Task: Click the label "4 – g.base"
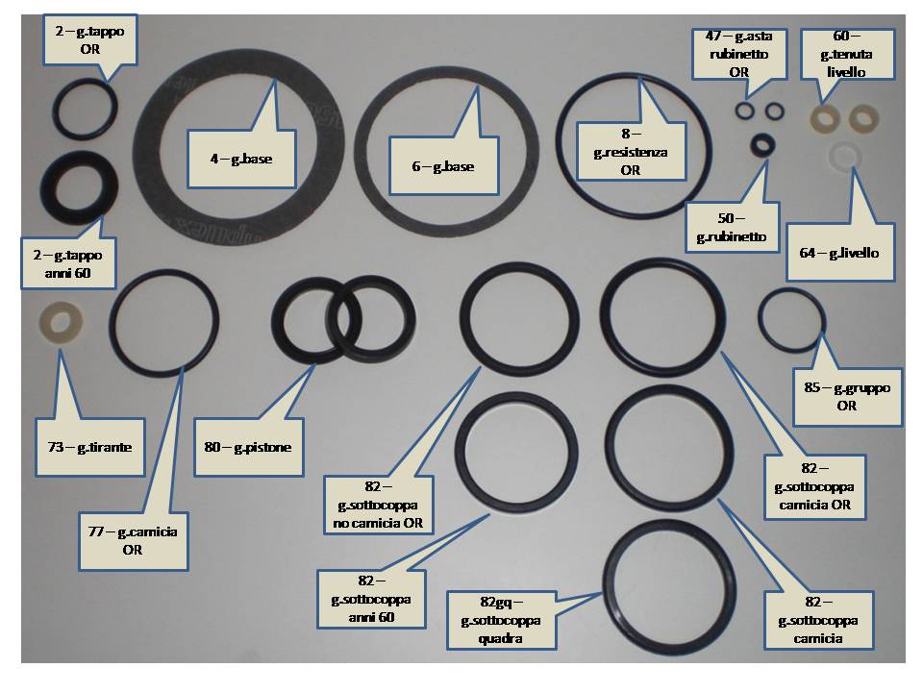(241, 159)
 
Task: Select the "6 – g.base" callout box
(443, 166)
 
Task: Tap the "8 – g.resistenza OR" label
(631, 152)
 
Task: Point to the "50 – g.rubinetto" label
(732, 227)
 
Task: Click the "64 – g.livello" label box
(840, 253)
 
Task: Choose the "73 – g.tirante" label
(90, 447)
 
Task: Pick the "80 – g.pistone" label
(248, 447)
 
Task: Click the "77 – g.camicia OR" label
(133, 541)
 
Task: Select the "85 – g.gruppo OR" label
(847, 397)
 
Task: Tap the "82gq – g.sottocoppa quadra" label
(501, 620)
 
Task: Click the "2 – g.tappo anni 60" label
(68, 263)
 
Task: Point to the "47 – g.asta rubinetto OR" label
(739, 54)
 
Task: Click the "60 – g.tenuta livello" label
(847, 54)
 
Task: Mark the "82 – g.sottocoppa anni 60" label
(371, 599)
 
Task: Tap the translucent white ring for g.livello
(845, 157)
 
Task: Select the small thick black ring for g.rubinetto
(762, 145)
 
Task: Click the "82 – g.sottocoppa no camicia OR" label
(379, 505)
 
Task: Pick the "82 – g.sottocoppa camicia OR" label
(815, 486)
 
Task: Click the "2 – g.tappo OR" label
(90, 40)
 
